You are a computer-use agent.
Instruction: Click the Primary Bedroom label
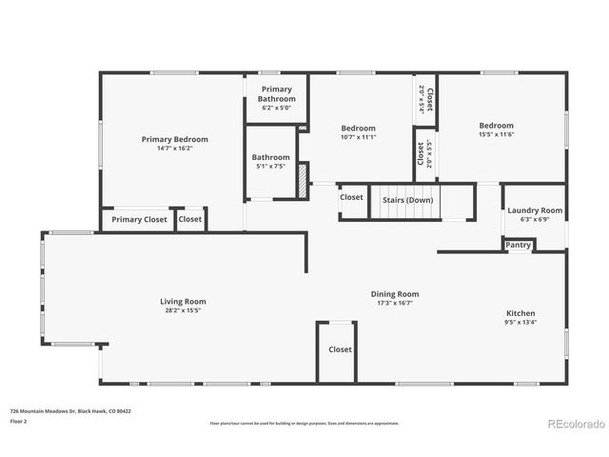[x=175, y=139]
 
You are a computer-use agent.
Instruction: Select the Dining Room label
[x=395, y=294]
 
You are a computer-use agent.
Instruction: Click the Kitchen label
[x=521, y=313]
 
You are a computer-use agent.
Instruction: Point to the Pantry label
[x=519, y=245]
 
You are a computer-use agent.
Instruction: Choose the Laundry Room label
[x=535, y=210]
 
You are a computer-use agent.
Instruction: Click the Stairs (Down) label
[x=407, y=200]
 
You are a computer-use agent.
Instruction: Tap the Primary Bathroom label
[x=276, y=94]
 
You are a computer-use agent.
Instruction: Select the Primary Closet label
[x=139, y=220]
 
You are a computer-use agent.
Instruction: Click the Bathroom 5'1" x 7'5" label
[x=271, y=162]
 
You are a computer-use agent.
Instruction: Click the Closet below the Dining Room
[x=340, y=349]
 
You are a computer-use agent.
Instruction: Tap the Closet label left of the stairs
[x=352, y=197]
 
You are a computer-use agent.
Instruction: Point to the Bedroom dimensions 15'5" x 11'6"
[x=497, y=134]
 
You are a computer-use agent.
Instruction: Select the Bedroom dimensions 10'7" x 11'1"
[x=359, y=137]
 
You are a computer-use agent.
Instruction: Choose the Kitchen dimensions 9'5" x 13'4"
[x=521, y=322]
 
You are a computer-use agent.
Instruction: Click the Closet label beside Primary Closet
[x=190, y=220]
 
